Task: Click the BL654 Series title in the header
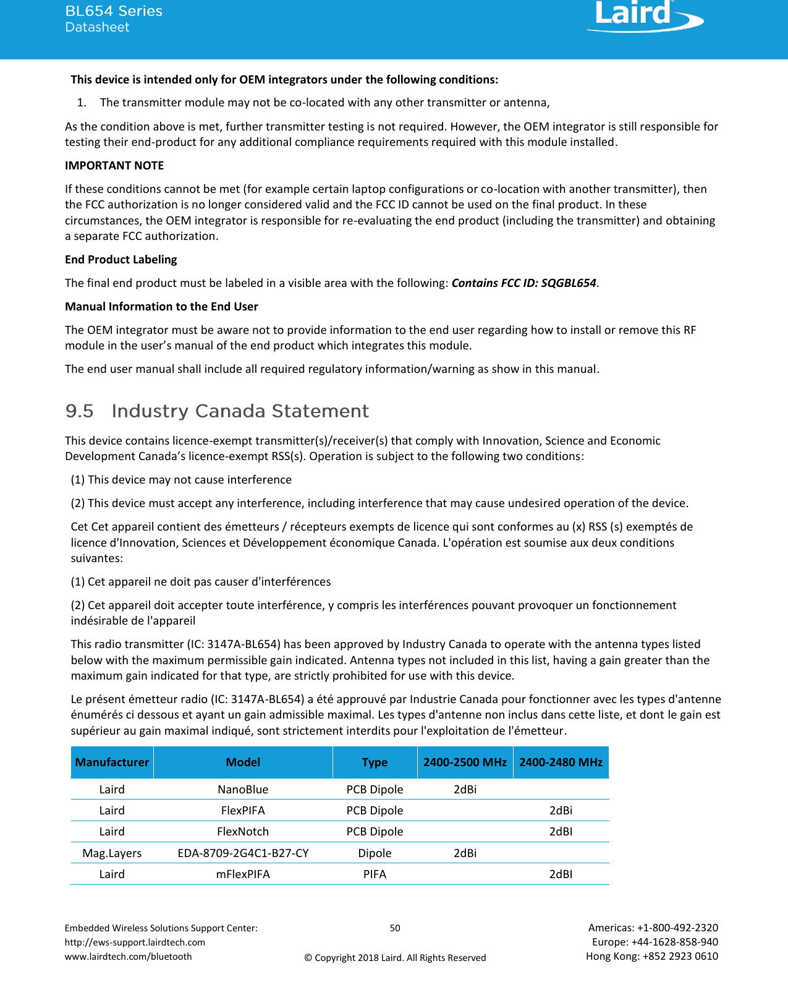(x=114, y=11)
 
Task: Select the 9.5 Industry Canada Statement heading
(x=217, y=411)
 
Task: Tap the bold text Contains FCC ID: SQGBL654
(x=524, y=283)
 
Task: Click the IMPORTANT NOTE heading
(x=114, y=166)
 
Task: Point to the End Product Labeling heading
(x=121, y=260)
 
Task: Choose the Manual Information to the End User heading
(x=161, y=307)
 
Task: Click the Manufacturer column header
(x=112, y=762)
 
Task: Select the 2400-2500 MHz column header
(x=465, y=762)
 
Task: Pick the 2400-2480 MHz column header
(x=561, y=762)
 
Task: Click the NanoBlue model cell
(x=243, y=790)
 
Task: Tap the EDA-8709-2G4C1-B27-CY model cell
(x=243, y=853)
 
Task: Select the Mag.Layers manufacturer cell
(x=112, y=853)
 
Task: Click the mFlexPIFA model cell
(x=243, y=874)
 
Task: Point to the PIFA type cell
(x=375, y=874)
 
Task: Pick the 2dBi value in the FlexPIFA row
(x=561, y=811)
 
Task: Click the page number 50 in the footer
(x=395, y=928)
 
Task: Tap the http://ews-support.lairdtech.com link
(x=135, y=942)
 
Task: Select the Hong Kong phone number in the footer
(x=652, y=957)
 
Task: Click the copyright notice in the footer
(x=395, y=958)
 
